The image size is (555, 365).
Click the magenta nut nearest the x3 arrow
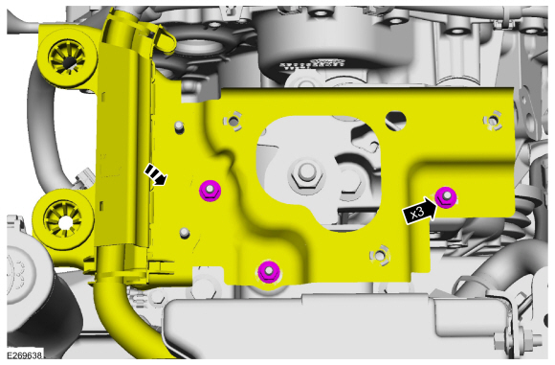[x=446, y=197]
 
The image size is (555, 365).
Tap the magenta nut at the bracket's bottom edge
[x=269, y=272]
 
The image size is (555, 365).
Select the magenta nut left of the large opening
[x=210, y=191]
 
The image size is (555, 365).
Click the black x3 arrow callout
[x=420, y=212]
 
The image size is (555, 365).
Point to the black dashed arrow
[x=155, y=174]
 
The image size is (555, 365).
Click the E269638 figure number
[x=24, y=355]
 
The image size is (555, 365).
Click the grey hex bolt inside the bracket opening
[x=305, y=174]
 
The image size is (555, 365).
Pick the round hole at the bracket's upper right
[x=396, y=121]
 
